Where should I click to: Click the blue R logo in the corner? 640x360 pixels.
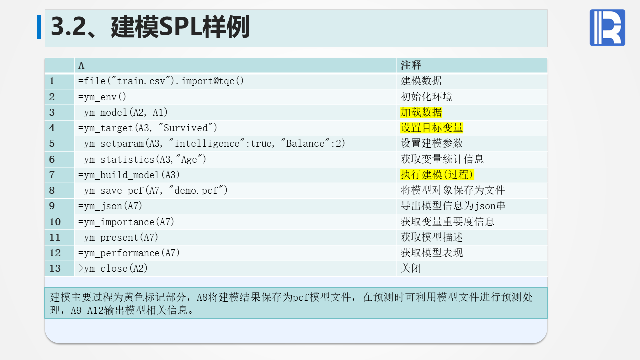click(x=607, y=27)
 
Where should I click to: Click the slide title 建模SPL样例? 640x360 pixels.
click(x=180, y=27)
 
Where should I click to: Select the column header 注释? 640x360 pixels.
click(x=411, y=65)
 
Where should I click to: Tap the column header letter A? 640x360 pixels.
click(x=81, y=66)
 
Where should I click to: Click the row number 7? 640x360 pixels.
click(x=52, y=175)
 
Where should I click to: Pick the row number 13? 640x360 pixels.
click(x=55, y=268)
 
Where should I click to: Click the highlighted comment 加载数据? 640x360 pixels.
click(x=421, y=112)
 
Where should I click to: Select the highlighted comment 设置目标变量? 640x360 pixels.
click(x=432, y=128)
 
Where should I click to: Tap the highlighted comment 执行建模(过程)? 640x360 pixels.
click(x=437, y=175)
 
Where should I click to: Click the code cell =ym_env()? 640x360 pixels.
click(x=102, y=97)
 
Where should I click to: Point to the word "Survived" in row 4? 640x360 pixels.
click(x=186, y=128)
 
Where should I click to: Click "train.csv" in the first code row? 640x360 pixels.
click(x=141, y=81)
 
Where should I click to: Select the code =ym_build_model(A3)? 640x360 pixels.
click(x=129, y=175)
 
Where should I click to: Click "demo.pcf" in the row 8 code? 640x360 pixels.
click(x=196, y=190)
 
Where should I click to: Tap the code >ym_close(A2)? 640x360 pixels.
click(x=113, y=268)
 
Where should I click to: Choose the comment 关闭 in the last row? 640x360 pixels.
click(x=411, y=268)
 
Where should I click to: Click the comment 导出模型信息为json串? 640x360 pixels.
click(x=453, y=206)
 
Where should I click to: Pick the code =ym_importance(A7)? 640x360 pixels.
click(x=126, y=222)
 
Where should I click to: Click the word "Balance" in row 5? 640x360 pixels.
click(x=305, y=143)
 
